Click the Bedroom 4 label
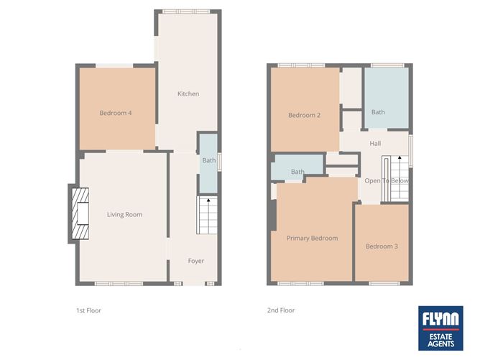click(115, 113)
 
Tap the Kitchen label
click(188, 94)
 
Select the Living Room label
click(124, 214)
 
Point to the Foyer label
click(196, 260)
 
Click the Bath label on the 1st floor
click(208, 160)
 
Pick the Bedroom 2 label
click(304, 115)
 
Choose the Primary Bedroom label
click(312, 238)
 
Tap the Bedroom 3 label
click(382, 246)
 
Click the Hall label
click(375, 144)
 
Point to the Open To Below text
click(387, 181)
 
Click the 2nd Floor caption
click(280, 310)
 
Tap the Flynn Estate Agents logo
click(440, 328)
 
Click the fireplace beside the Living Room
click(80, 213)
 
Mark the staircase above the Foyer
click(208, 213)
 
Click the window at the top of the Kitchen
click(185, 11)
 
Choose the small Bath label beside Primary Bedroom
click(297, 172)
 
